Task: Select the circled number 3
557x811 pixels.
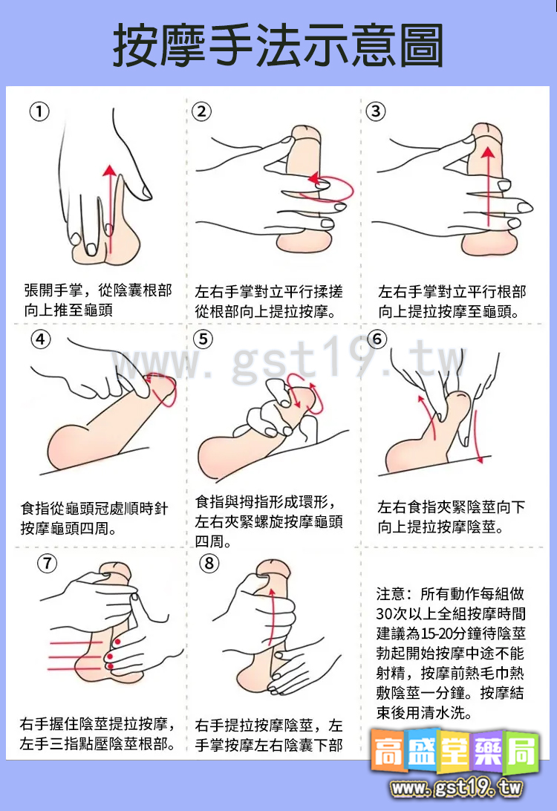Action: coord(376,111)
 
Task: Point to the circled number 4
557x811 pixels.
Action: coord(41,339)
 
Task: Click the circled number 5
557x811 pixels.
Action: coord(203,339)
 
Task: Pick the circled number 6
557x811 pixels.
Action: coord(378,339)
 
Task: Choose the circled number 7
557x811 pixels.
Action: coord(47,563)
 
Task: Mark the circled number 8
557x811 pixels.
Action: coord(210,563)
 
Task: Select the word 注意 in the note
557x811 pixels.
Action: coord(391,594)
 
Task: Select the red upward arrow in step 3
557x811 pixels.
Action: coord(487,186)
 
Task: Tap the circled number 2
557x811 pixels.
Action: coord(201,111)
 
